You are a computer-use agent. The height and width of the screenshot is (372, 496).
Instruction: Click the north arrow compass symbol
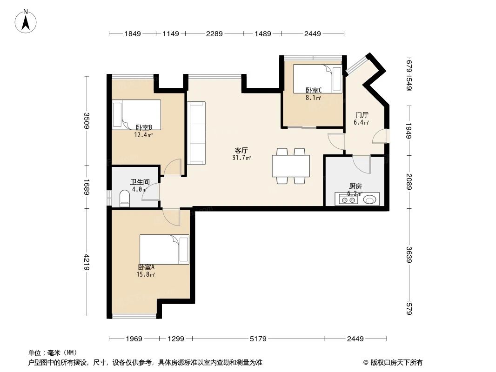[x=27, y=20]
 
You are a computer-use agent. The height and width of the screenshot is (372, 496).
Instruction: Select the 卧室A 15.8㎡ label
[x=146, y=271]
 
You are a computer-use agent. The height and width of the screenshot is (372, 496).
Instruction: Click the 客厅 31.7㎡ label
[x=241, y=154]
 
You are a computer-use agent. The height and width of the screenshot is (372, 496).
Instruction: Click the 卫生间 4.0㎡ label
[x=139, y=186]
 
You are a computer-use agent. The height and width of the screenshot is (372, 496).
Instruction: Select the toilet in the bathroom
[x=125, y=199]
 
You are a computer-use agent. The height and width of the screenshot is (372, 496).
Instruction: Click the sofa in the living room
[x=196, y=133]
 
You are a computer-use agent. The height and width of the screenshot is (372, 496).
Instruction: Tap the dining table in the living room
[x=291, y=166]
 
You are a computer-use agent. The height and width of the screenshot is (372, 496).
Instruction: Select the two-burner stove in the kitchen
[x=349, y=200]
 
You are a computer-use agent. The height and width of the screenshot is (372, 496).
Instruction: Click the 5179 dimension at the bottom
[x=258, y=339]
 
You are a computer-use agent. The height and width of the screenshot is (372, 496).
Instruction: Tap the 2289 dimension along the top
[x=214, y=33]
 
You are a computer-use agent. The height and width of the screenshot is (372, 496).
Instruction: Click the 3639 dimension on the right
[x=409, y=254]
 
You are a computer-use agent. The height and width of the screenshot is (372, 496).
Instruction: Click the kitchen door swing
[x=362, y=164]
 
